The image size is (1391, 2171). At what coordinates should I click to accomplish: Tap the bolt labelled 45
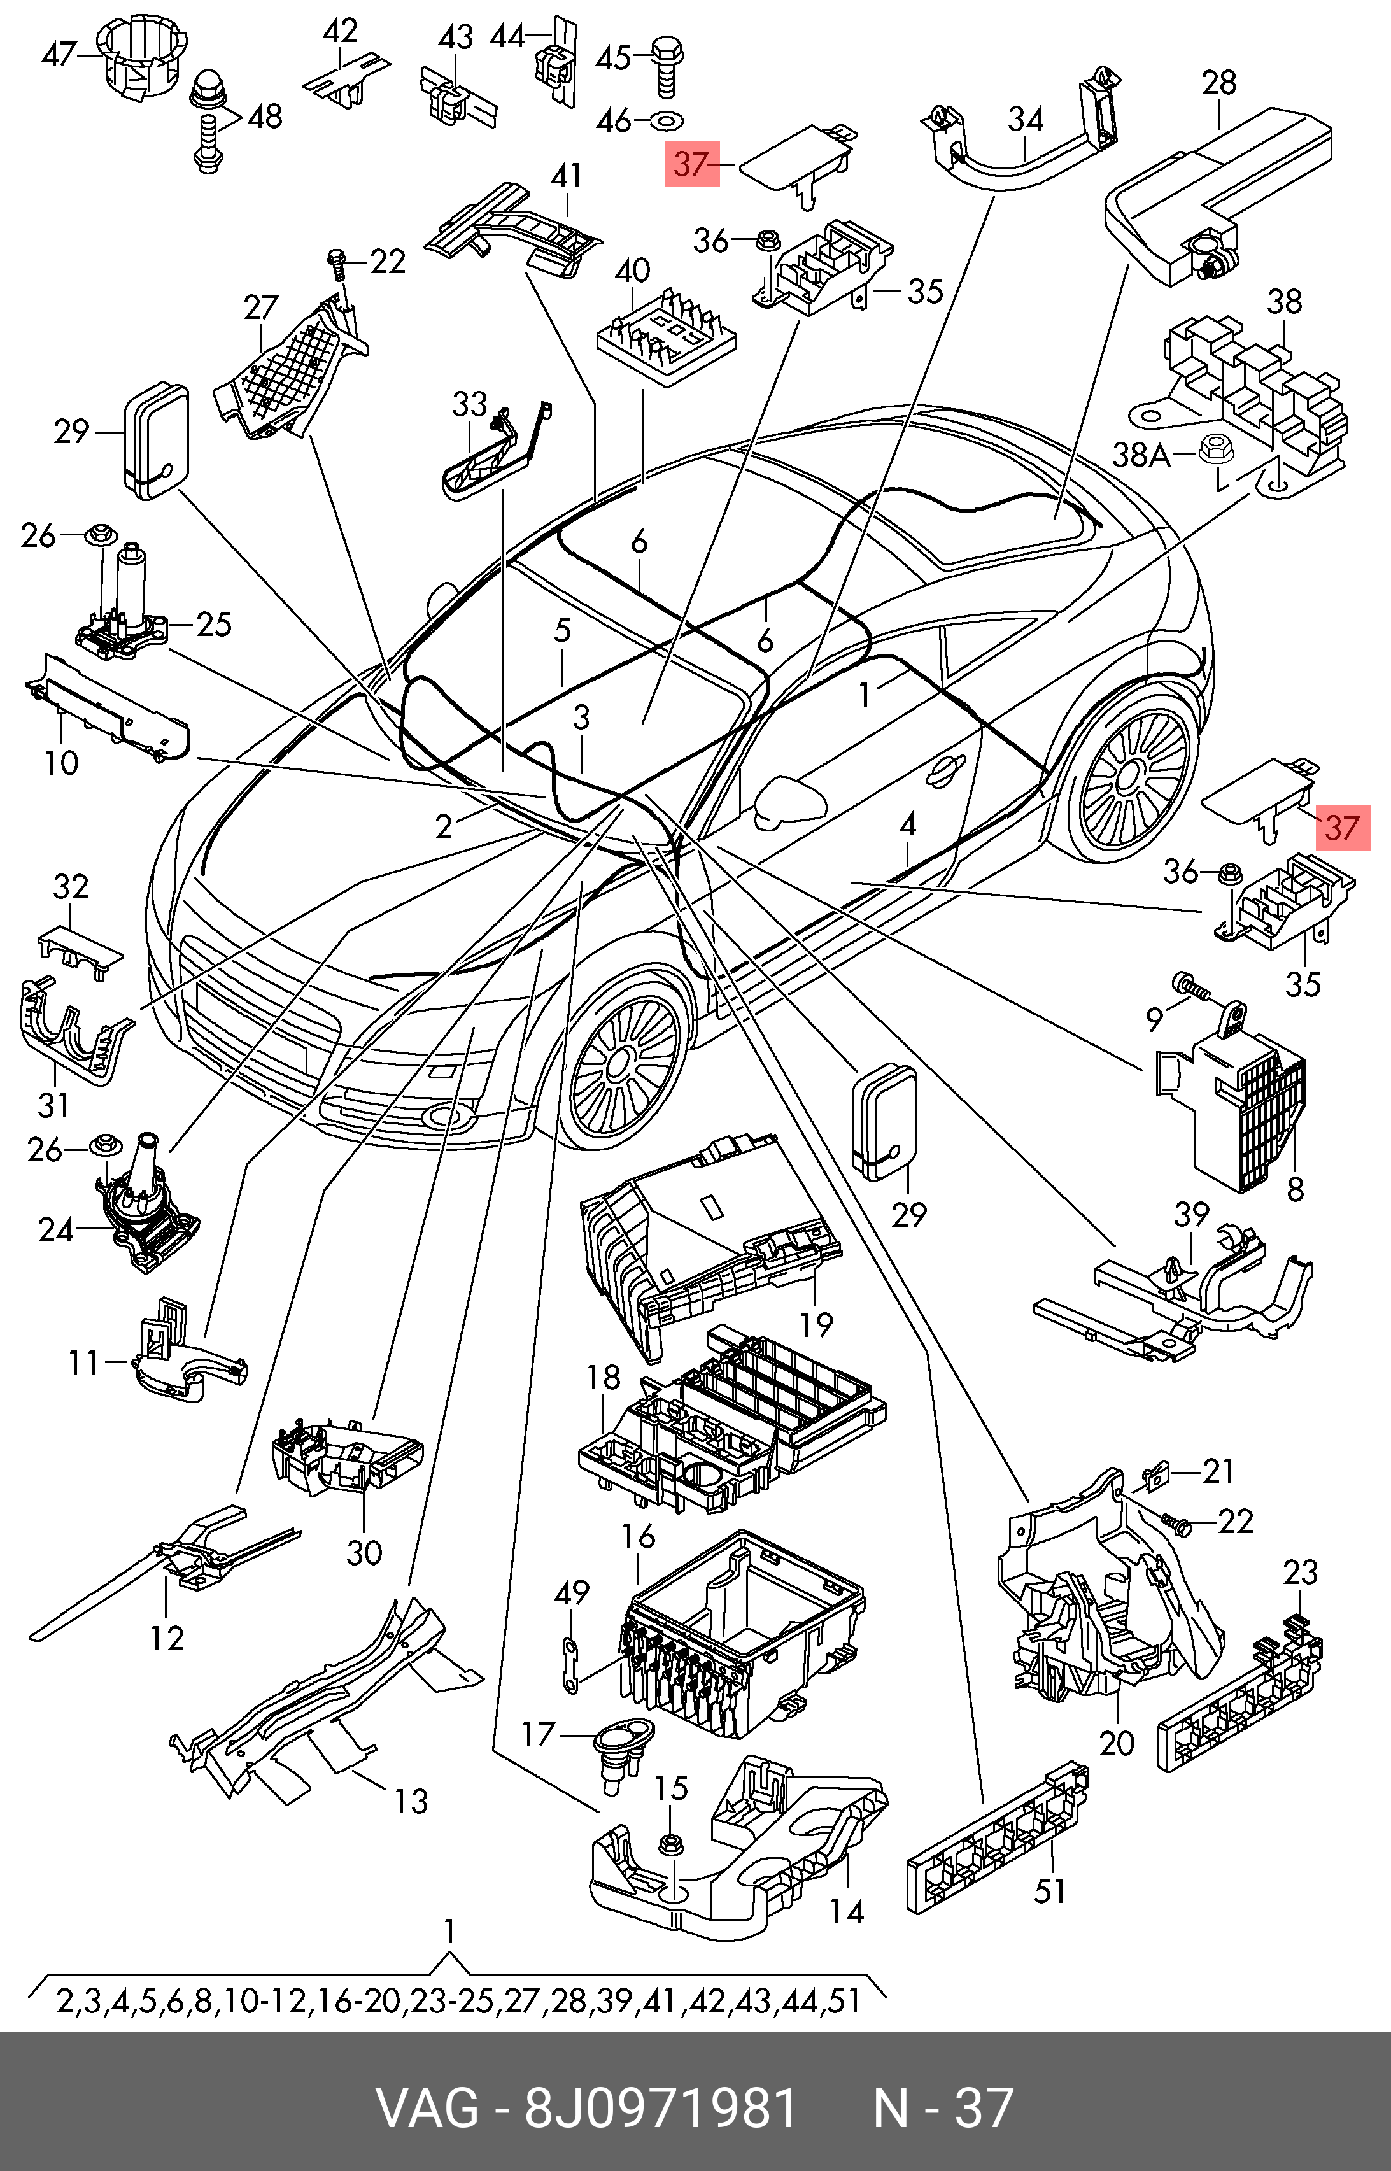pyautogui.click(x=666, y=62)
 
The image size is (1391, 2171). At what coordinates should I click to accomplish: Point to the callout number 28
pyautogui.click(x=1218, y=83)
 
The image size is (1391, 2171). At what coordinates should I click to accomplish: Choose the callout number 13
pyautogui.click(x=411, y=1800)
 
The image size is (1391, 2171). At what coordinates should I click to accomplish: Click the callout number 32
pyautogui.click(x=71, y=886)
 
